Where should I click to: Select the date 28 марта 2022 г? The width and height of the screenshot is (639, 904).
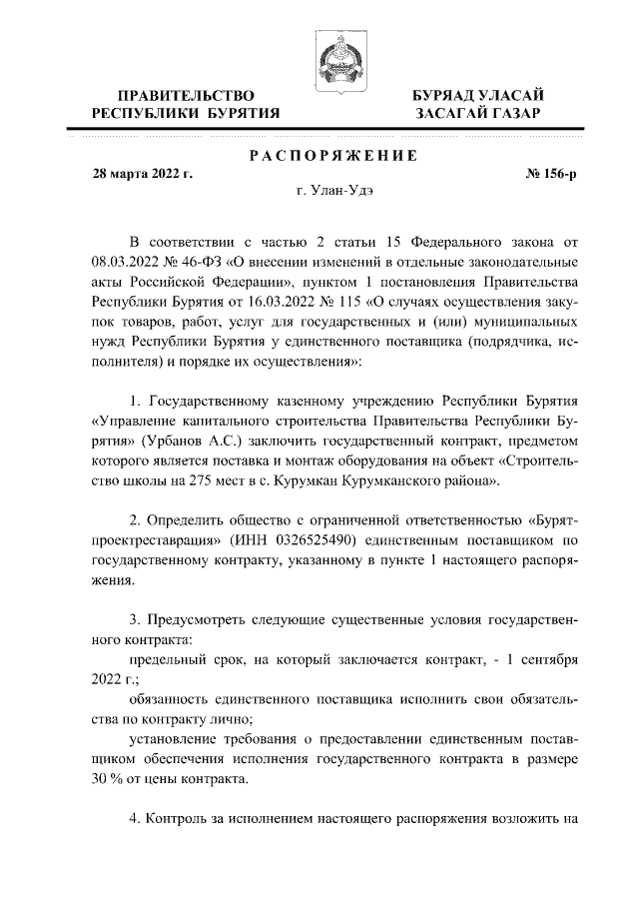pos(142,173)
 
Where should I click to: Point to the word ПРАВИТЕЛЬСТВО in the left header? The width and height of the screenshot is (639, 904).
pos(185,95)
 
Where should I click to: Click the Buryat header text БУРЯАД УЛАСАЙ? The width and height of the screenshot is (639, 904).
pos(479,95)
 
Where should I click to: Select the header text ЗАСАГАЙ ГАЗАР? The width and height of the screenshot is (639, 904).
pos(479,114)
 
